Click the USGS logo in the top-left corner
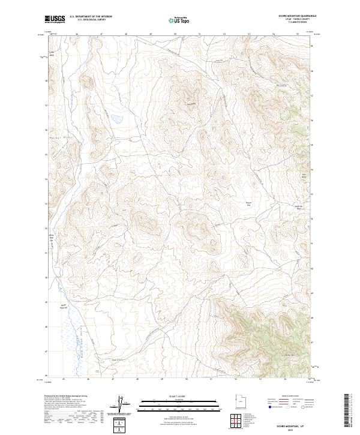[55, 19]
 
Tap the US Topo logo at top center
[179, 20]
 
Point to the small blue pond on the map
[115, 118]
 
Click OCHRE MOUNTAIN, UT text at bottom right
[295, 422]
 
